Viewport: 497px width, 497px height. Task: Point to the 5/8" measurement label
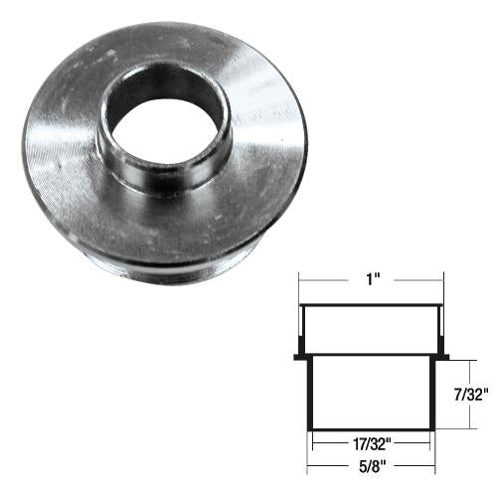[x=371, y=462]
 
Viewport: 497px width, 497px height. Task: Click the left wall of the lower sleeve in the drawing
[x=311, y=393]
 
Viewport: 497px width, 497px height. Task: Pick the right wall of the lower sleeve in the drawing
[x=433, y=393]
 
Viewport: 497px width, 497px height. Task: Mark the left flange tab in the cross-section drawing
[x=299, y=356]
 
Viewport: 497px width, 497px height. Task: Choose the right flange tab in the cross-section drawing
[x=444, y=356]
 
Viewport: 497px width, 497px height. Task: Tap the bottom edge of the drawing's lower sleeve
[x=372, y=428]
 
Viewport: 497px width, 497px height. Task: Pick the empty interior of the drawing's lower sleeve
[x=372, y=393]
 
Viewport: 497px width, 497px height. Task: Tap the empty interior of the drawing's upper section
[x=372, y=330]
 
